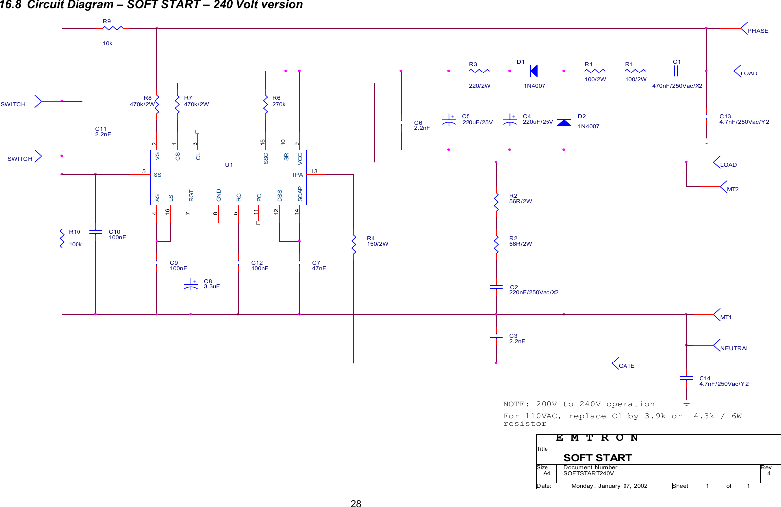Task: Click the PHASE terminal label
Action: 757,31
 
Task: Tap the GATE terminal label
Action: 626,366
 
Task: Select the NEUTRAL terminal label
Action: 734,348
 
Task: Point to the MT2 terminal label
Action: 732,189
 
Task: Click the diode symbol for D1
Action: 533,71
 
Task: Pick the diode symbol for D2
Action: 564,123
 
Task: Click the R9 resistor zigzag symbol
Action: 112,28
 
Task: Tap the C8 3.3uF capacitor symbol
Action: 191,286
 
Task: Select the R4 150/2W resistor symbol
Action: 354,244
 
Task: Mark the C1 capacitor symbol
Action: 676,71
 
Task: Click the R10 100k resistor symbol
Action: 62,238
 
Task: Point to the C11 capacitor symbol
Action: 82,128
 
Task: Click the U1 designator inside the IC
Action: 229,165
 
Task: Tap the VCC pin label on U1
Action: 300,158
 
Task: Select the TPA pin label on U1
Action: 297,175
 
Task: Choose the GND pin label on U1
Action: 218,195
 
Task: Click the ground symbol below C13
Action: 706,140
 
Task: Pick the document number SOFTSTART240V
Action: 588,473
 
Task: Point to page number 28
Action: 356,503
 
